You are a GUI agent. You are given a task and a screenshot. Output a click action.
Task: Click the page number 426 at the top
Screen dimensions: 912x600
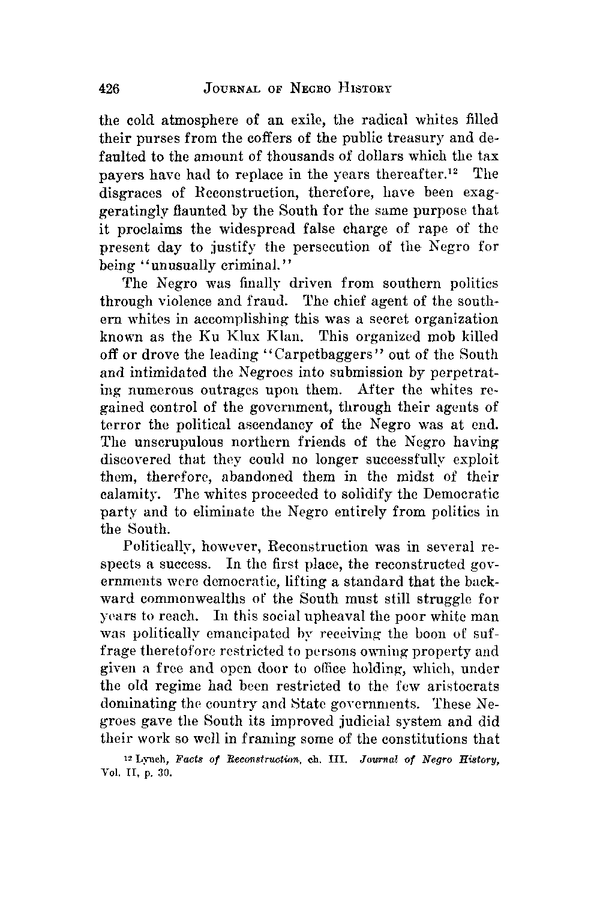[x=110, y=89]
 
